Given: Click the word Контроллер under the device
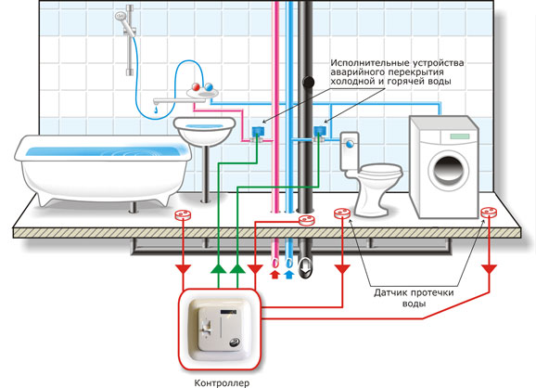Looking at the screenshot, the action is click(222, 382).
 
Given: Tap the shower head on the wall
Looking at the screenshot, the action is click(121, 17).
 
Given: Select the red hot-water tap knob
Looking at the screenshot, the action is click(197, 86).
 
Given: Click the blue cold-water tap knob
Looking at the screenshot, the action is click(208, 87).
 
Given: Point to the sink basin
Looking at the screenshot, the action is click(205, 131).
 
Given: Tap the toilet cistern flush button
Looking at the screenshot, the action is click(350, 144).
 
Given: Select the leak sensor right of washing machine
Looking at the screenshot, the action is click(489, 213).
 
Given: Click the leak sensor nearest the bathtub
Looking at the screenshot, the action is click(183, 215).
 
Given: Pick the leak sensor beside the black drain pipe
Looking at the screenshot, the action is click(306, 220).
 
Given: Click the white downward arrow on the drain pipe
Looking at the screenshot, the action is click(305, 266).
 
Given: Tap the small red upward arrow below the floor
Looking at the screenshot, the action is click(275, 275).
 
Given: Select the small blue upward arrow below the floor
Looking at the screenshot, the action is click(289, 275).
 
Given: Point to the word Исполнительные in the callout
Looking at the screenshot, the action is click(370, 63).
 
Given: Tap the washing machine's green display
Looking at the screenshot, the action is click(460, 136).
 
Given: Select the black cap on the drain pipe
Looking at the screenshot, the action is click(308, 82).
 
